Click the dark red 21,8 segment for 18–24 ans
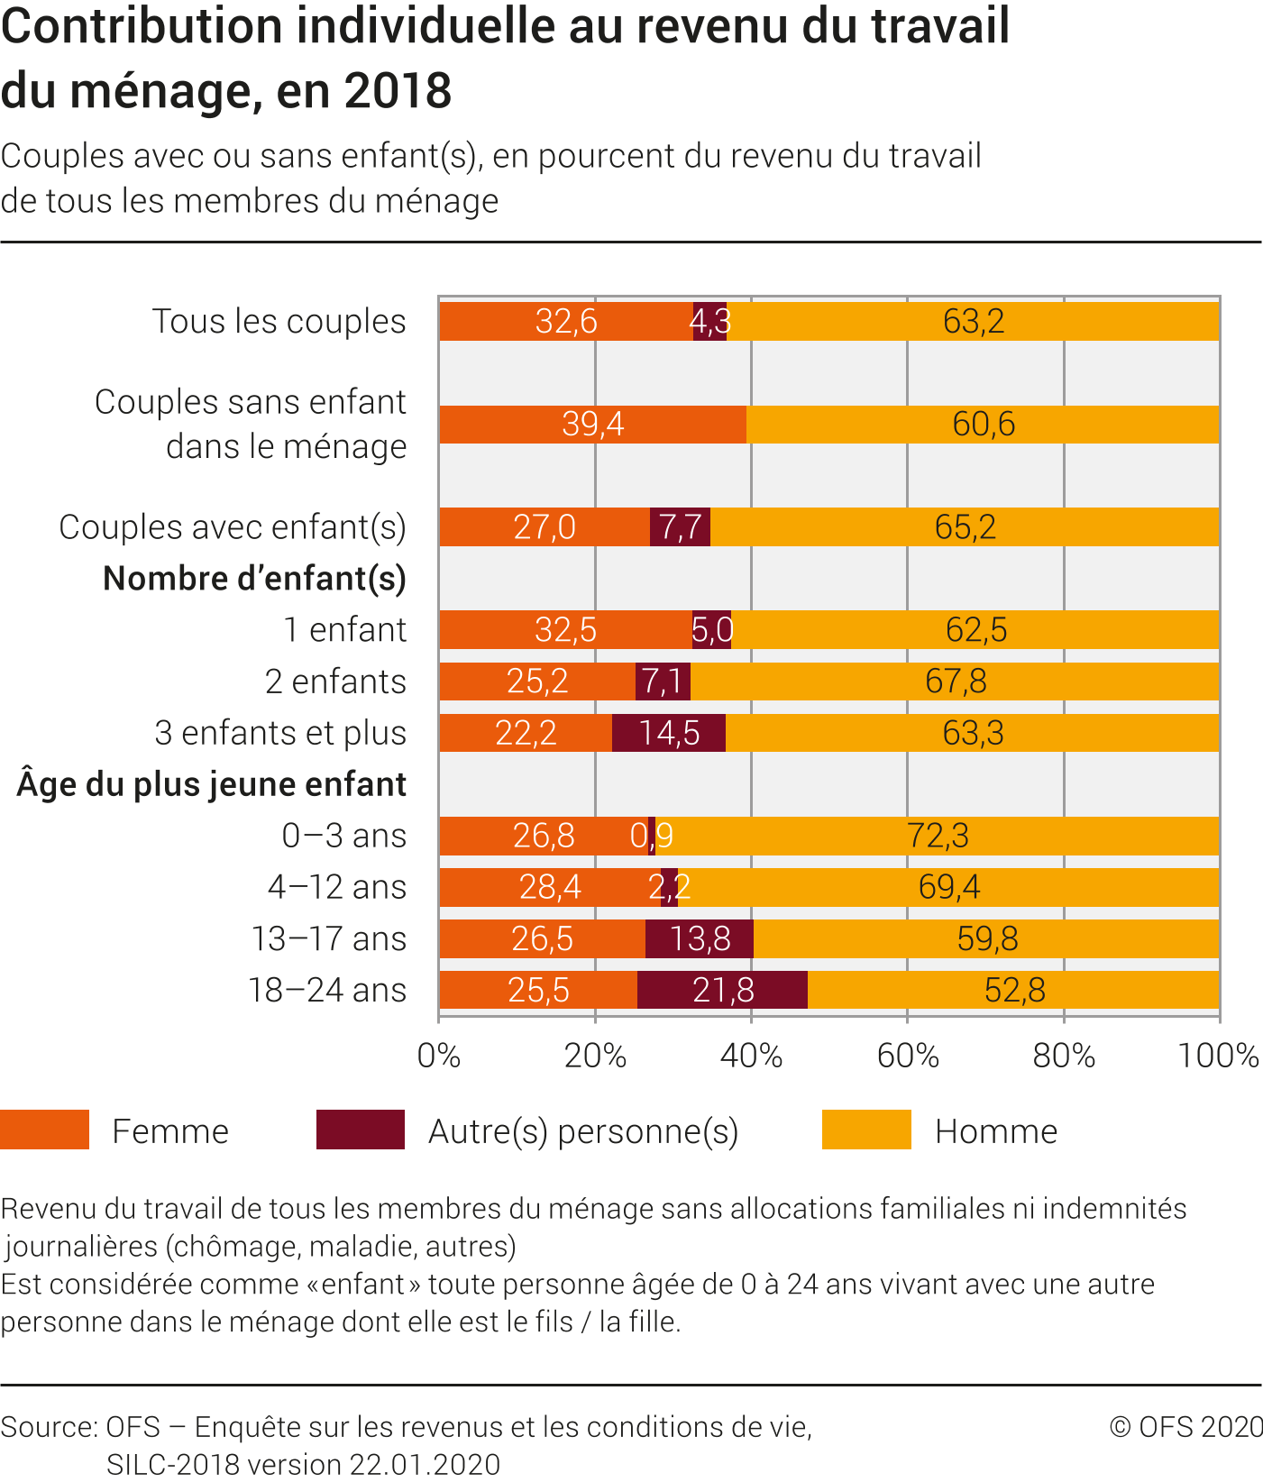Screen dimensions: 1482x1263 722,990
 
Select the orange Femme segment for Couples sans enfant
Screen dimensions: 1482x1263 592,424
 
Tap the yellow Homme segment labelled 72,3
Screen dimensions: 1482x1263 938,836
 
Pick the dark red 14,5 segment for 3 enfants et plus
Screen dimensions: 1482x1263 669,733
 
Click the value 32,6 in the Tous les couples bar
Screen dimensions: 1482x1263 566,321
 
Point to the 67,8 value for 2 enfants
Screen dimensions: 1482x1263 956,682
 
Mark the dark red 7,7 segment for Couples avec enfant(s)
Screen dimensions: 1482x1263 680,527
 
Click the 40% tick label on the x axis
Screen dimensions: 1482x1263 751,1056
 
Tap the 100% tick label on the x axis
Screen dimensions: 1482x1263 1218,1056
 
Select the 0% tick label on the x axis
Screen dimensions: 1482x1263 439,1056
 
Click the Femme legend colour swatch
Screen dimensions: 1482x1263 45,1130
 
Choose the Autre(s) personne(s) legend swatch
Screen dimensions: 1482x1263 361,1130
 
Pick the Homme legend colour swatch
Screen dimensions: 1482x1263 866,1130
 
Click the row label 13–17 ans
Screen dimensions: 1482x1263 329,938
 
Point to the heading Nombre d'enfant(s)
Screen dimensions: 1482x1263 255,579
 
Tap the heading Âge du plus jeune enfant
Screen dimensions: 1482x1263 212,784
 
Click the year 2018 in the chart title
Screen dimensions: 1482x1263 398,90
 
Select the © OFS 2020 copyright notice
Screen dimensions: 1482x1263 1185,1426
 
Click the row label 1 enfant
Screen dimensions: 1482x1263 345,630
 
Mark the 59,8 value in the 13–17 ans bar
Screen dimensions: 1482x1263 987,938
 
